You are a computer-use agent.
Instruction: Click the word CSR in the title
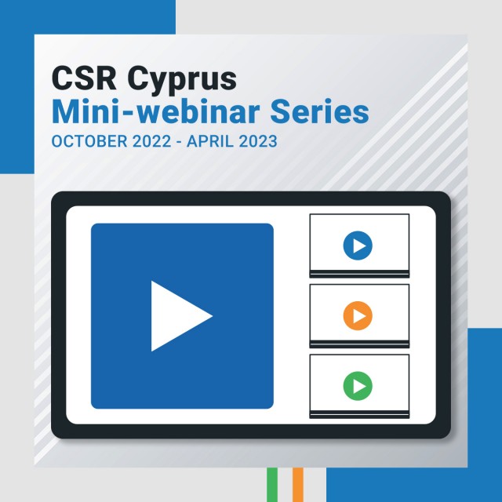(84, 78)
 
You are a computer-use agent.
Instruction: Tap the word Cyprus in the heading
(182, 81)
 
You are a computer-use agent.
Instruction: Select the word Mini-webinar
(155, 111)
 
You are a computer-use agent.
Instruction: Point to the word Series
(319, 111)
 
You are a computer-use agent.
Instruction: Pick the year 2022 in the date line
(151, 141)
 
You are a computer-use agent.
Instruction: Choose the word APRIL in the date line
(210, 141)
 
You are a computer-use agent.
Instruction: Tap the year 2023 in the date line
(258, 141)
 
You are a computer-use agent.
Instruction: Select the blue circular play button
(358, 246)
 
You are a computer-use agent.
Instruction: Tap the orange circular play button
(358, 315)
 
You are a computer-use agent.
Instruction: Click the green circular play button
(358, 386)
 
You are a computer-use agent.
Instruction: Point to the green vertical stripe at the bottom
(272, 485)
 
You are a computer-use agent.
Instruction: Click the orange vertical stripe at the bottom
(298, 485)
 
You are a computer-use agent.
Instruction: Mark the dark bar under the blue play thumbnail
(359, 274)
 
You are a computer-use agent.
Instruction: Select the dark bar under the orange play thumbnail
(359, 344)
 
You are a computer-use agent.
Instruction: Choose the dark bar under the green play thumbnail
(359, 415)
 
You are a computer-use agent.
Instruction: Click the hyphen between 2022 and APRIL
(179, 143)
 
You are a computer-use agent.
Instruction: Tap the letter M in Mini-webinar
(68, 111)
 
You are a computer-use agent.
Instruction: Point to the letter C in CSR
(61, 78)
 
